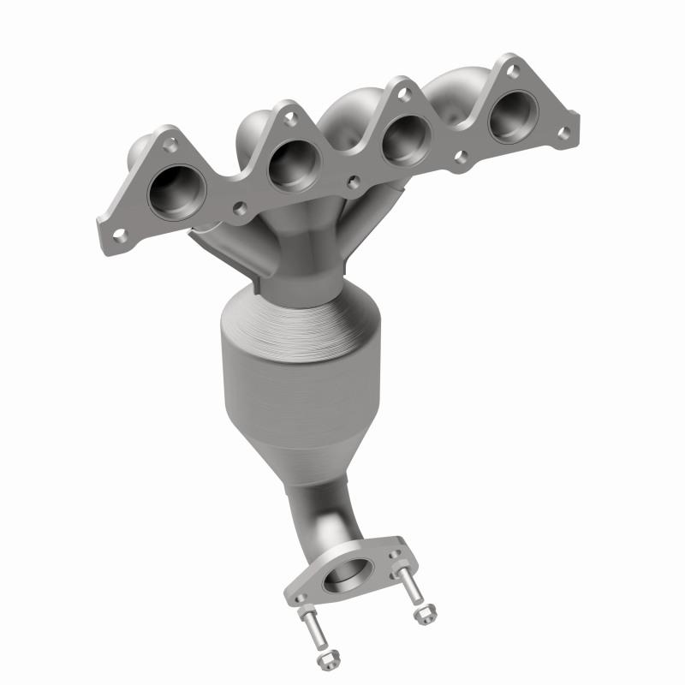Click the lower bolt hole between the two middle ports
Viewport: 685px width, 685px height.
tap(351, 182)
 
